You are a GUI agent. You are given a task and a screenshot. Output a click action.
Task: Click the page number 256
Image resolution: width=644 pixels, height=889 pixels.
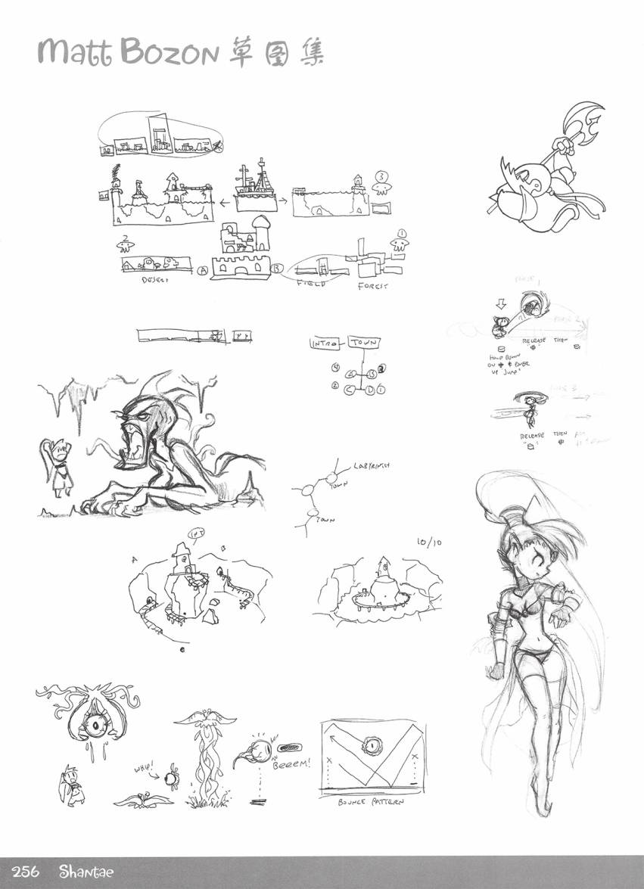click(x=30, y=872)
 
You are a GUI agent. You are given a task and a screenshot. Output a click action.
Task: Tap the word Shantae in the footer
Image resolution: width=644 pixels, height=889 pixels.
click(x=86, y=872)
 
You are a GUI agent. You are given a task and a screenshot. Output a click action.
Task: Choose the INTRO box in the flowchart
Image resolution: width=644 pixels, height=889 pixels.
click(x=326, y=343)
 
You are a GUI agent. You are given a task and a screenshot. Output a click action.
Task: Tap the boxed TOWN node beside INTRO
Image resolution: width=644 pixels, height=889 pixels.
click(x=364, y=343)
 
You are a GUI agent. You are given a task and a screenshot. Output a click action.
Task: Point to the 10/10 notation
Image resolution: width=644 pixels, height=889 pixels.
click(x=428, y=542)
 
